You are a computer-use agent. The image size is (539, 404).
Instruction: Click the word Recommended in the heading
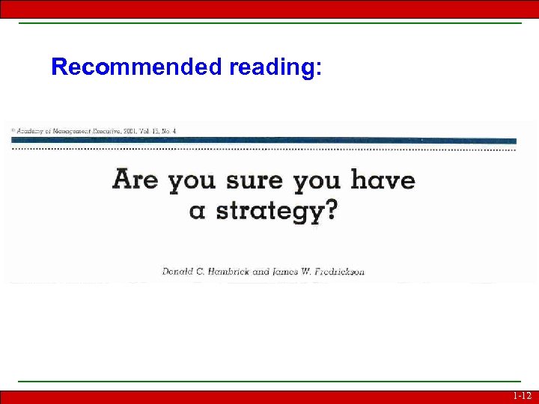(x=137, y=67)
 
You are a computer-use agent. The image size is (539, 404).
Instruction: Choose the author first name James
(x=286, y=271)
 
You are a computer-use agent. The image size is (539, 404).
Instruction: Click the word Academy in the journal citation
(x=29, y=130)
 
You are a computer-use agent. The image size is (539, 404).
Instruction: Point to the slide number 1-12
(x=522, y=396)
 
